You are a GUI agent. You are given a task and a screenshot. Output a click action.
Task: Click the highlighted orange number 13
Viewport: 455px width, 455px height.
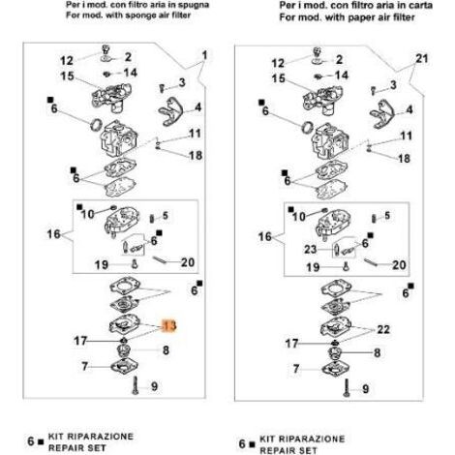[169, 326]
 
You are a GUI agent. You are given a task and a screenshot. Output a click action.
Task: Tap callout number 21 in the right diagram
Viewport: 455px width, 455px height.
[422, 59]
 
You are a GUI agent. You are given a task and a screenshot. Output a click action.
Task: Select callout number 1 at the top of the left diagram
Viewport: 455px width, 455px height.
[204, 55]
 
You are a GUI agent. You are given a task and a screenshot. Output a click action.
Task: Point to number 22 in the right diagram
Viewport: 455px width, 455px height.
[383, 329]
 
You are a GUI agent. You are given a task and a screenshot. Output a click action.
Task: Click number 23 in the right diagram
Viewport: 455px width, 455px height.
[311, 249]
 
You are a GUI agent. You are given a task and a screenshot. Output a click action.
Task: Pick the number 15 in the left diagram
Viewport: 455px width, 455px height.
[67, 76]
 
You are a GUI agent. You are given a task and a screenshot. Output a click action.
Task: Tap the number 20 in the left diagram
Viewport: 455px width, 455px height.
[188, 262]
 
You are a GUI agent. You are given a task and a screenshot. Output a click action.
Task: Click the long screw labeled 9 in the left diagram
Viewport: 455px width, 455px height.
[135, 385]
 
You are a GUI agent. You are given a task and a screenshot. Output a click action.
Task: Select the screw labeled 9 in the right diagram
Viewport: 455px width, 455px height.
[347, 388]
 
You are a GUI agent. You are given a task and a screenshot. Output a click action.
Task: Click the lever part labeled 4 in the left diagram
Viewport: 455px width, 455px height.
[170, 111]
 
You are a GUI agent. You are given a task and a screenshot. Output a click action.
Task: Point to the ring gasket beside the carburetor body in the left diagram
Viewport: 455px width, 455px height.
[96, 125]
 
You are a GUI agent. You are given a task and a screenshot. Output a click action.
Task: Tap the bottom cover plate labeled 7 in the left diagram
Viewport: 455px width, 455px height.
[125, 367]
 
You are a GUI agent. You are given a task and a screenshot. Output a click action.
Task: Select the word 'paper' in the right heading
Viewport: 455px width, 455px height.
[361, 17]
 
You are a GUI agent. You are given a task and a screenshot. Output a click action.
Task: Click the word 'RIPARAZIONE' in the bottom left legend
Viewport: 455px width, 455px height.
[91, 437]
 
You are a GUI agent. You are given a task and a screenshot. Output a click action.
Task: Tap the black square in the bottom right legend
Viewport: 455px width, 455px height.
[253, 444]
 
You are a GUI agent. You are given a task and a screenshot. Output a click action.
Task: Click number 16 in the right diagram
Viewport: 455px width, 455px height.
[265, 236]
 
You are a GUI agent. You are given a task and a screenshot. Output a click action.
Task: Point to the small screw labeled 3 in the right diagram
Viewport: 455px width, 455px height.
[374, 91]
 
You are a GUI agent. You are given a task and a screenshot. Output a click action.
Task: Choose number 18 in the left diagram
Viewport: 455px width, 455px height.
[196, 156]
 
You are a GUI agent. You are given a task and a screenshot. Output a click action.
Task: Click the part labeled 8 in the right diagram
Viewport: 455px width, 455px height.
[334, 353]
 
